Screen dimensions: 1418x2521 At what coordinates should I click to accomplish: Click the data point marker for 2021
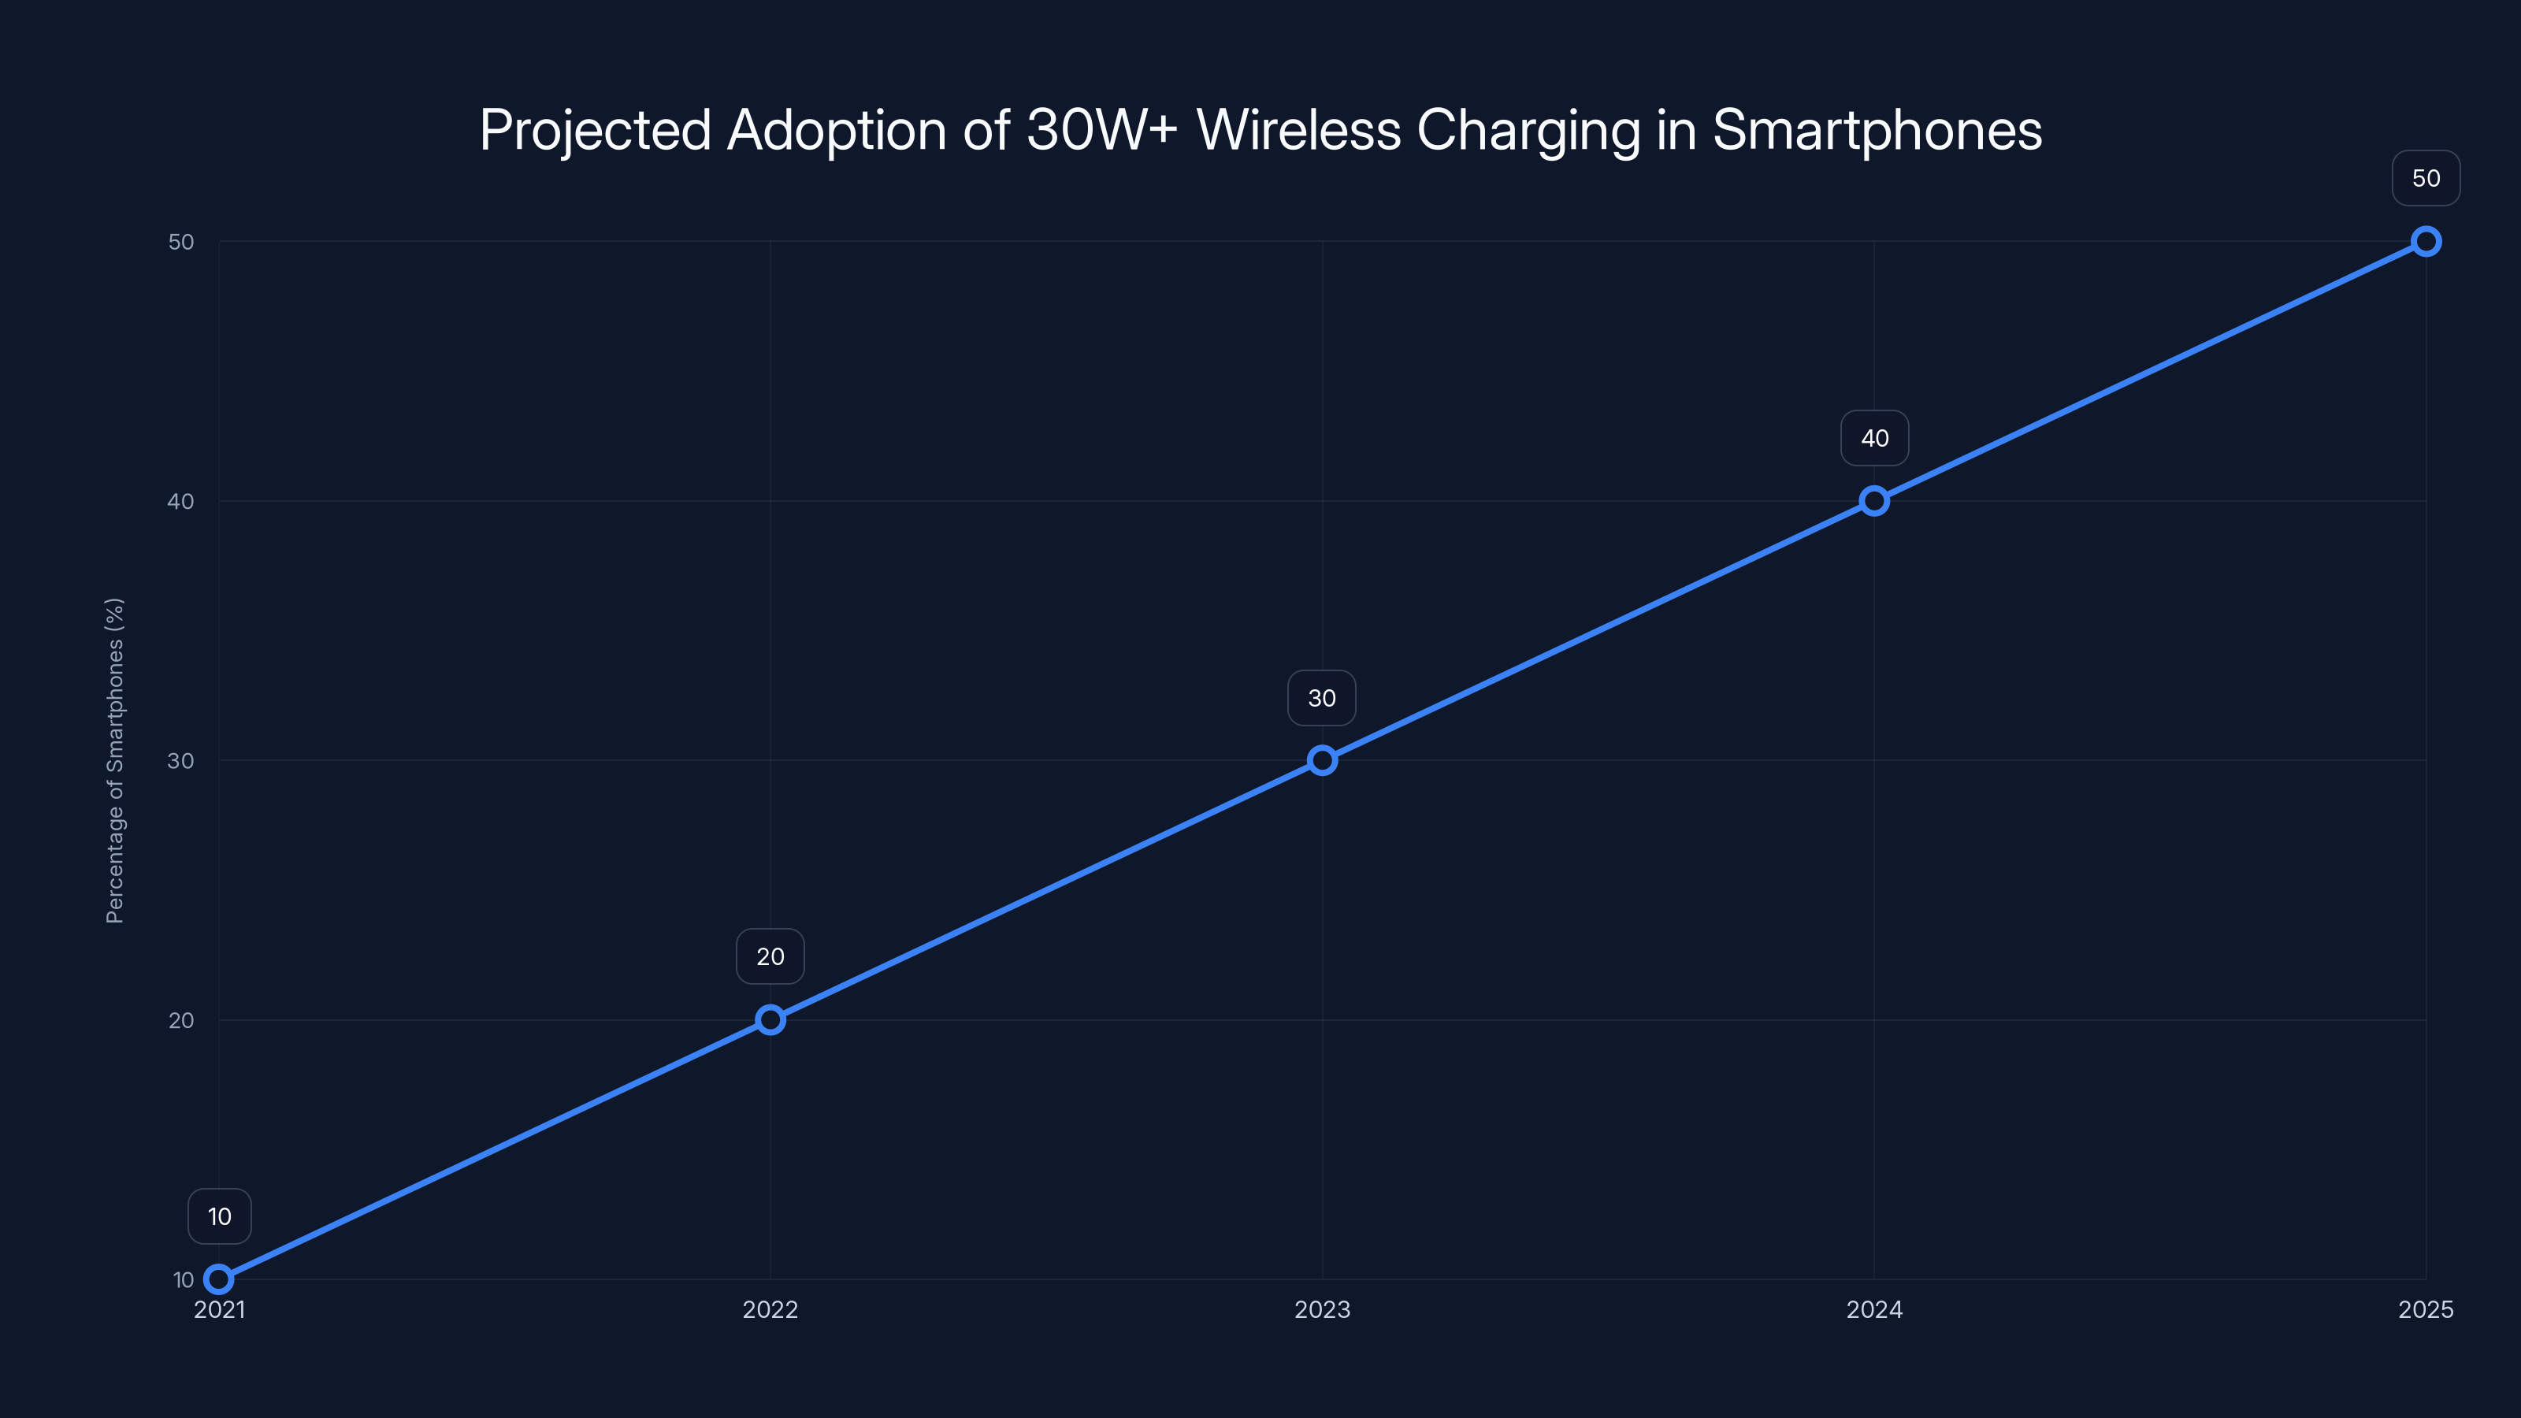[219, 1279]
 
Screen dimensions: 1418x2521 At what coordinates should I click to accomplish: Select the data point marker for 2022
[770, 1019]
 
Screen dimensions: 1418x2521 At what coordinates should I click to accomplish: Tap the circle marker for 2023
[1322, 760]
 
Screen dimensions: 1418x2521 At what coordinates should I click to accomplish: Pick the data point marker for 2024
[1874, 501]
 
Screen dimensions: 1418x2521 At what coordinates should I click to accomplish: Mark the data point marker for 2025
[2426, 242]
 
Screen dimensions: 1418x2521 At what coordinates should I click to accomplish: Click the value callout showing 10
[219, 1216]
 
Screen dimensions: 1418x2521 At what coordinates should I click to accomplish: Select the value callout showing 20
[770, 956]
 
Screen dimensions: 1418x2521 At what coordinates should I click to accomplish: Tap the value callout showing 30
[1322, 698]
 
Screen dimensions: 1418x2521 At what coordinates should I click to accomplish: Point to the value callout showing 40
[1874, 439]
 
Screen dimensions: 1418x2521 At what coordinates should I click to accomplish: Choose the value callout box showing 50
[2426, 178]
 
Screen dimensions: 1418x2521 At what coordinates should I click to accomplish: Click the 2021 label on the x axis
[219, 1309]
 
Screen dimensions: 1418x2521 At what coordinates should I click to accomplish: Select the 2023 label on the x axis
[1322, 1309]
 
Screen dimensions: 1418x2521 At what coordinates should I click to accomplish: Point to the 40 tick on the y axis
[181, 501]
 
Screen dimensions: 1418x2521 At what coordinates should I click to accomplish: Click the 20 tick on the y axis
[181, 1019]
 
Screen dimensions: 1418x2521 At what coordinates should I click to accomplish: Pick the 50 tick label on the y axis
[181, 242]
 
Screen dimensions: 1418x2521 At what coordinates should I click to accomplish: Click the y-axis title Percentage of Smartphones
[116, 760]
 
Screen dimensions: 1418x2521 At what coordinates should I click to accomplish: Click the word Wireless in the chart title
[1298, 130]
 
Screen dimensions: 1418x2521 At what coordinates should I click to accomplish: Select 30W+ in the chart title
[1102, 130]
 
